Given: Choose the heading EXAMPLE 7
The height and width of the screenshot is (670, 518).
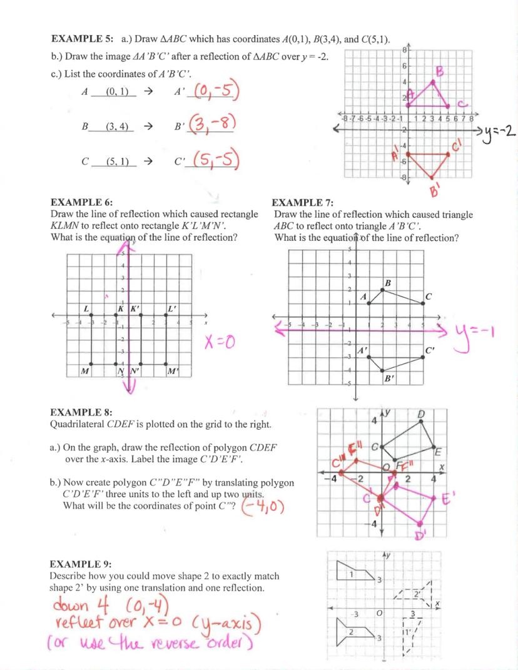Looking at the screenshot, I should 303,203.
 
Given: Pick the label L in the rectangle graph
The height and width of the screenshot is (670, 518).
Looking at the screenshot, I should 86,308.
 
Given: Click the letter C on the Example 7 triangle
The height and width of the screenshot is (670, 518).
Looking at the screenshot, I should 429,296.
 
